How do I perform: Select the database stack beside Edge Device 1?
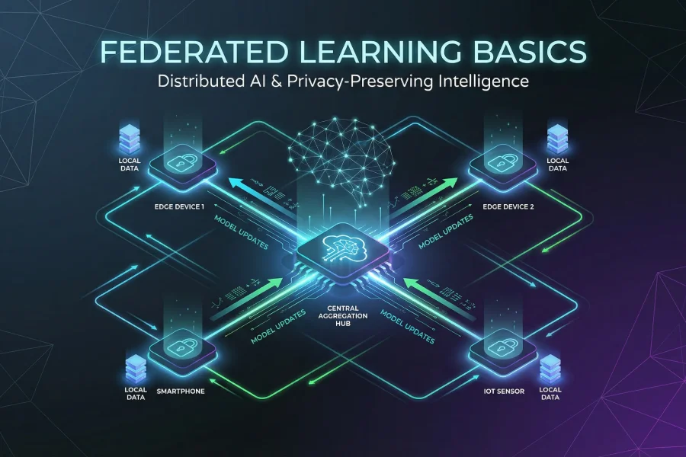pos(130,139)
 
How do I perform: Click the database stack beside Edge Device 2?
pos(557,139)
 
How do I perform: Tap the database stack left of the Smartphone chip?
pos(135,367)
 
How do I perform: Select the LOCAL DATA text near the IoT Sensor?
pos(550,393)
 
